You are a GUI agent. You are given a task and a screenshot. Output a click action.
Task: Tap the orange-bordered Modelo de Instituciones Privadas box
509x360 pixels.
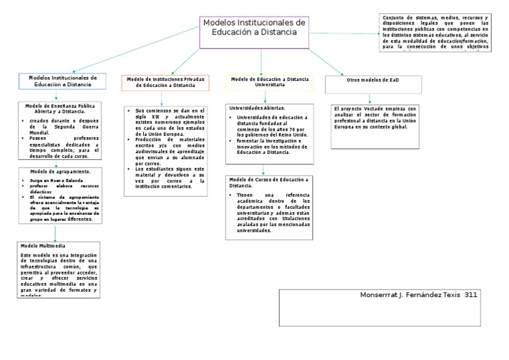pos(166,82)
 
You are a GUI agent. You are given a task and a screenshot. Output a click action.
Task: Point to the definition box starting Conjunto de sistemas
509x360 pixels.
pos(435,32)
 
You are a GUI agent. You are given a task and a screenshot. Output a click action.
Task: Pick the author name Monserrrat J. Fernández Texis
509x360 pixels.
pos(410,294)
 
